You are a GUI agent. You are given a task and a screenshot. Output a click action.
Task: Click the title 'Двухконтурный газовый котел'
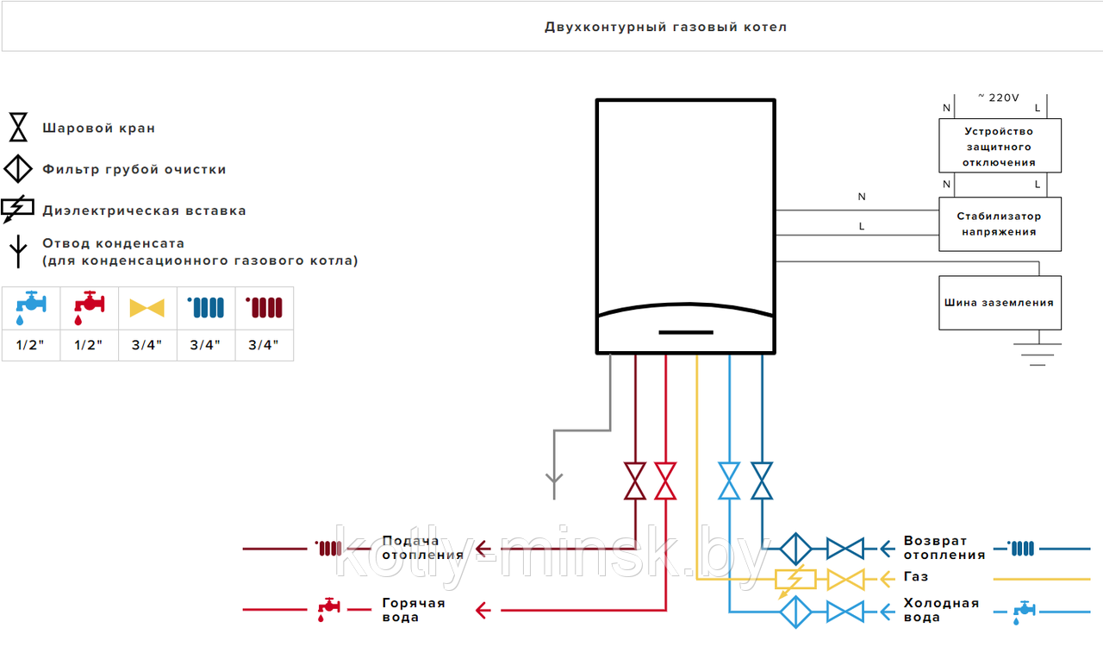(666, 27)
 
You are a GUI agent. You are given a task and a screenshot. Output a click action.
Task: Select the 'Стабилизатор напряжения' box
(1000, 224)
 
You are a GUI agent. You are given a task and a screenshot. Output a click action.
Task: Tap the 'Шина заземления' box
(1000, 303)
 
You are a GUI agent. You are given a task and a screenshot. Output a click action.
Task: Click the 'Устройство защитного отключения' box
(1000, 146)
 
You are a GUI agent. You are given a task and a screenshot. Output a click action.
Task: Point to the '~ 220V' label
(999, 97)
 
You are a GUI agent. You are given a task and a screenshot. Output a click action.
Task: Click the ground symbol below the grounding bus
(1038, 354)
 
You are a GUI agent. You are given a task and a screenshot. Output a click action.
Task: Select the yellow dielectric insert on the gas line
(795, 580)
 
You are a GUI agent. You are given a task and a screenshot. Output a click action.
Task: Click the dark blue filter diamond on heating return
(795, 549)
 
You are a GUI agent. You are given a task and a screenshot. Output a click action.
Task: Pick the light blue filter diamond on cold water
(795, 612)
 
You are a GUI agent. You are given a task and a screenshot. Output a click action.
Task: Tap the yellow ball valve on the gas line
(845, 580)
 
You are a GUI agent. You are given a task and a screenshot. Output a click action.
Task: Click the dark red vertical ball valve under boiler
(635, 481)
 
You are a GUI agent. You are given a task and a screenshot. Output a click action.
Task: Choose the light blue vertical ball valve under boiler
(729, 481)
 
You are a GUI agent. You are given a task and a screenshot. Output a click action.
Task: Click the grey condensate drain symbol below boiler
(554, 486)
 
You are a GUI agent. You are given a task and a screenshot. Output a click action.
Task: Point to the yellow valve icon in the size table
(146, 308)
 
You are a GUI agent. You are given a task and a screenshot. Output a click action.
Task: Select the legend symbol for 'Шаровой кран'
(18, 127)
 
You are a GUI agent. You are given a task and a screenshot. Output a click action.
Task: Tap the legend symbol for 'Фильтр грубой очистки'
(18, 169)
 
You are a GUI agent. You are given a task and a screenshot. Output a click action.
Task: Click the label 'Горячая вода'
(414, 610)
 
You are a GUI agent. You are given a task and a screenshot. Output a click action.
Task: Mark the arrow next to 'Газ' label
(887, 580)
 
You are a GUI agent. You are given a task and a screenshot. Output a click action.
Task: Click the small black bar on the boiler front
(686, 332)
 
